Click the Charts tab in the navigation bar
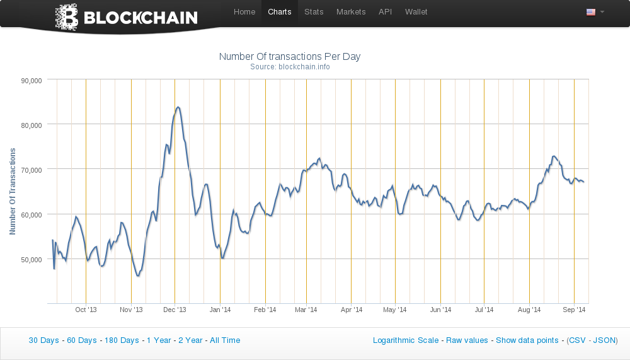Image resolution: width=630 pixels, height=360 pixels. coord(280,12)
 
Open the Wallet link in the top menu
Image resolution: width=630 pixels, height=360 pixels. coord(416,12)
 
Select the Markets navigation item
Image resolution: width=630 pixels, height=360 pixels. coord(351,12)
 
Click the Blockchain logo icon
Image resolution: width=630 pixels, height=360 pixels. coord(66,17)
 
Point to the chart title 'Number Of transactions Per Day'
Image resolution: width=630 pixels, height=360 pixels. coord(290,57)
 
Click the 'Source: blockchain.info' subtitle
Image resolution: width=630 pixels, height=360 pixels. coord(290,67)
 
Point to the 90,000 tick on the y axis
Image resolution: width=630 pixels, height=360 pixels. coord(31,80)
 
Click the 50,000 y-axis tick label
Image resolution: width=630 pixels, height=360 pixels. coord(31,259)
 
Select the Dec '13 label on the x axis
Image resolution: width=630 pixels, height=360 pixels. coord(175,310)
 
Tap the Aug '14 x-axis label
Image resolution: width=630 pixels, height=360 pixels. coord(529,310)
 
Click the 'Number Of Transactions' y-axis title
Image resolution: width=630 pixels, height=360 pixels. coord(13,192)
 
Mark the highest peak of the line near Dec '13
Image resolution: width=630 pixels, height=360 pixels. coord(178,107)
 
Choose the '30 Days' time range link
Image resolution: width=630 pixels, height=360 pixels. coord(43,340)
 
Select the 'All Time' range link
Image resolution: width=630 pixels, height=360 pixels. coord(225,340)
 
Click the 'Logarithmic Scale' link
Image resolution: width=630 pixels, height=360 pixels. coord(406,340)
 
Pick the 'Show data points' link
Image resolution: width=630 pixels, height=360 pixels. coord(527,340)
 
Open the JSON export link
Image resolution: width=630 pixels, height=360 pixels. coord(605,340)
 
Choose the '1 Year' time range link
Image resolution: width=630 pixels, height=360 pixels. coord(159,340)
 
